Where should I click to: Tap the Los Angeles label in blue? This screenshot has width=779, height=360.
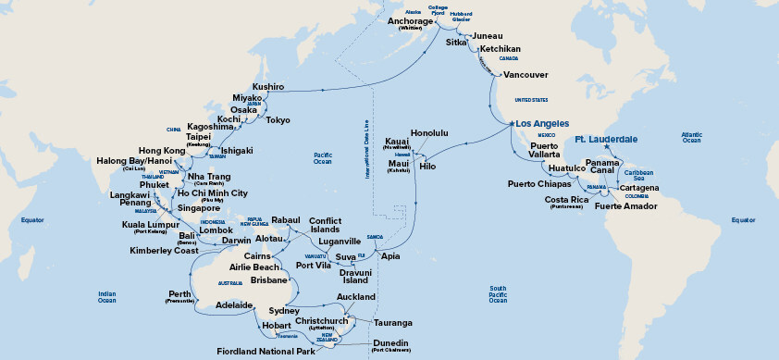click(539, 123)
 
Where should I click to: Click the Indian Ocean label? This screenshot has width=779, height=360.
click(107, 297)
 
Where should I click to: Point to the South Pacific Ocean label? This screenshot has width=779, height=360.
click(499, 294)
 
